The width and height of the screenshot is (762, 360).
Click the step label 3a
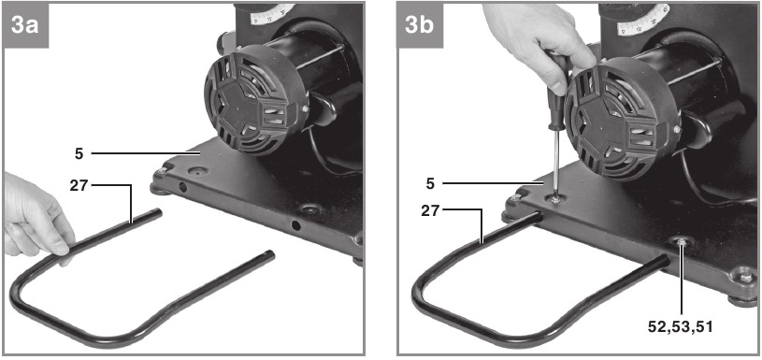point(25,25)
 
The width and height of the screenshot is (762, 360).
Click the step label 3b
point(420,25)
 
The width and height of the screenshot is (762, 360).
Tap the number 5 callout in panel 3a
point(79,154)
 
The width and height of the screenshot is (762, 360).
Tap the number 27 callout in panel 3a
point(79,186)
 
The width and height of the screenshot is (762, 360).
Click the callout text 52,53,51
point(681,327)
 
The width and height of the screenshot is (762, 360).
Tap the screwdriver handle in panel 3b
point(556,93)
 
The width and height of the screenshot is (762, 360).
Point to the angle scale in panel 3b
point(642,21)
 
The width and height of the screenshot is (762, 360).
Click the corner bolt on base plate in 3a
point(163,171)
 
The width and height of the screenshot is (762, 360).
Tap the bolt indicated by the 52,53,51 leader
point(682,241)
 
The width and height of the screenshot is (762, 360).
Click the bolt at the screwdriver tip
point(556,199)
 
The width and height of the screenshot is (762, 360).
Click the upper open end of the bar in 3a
point(158,212)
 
